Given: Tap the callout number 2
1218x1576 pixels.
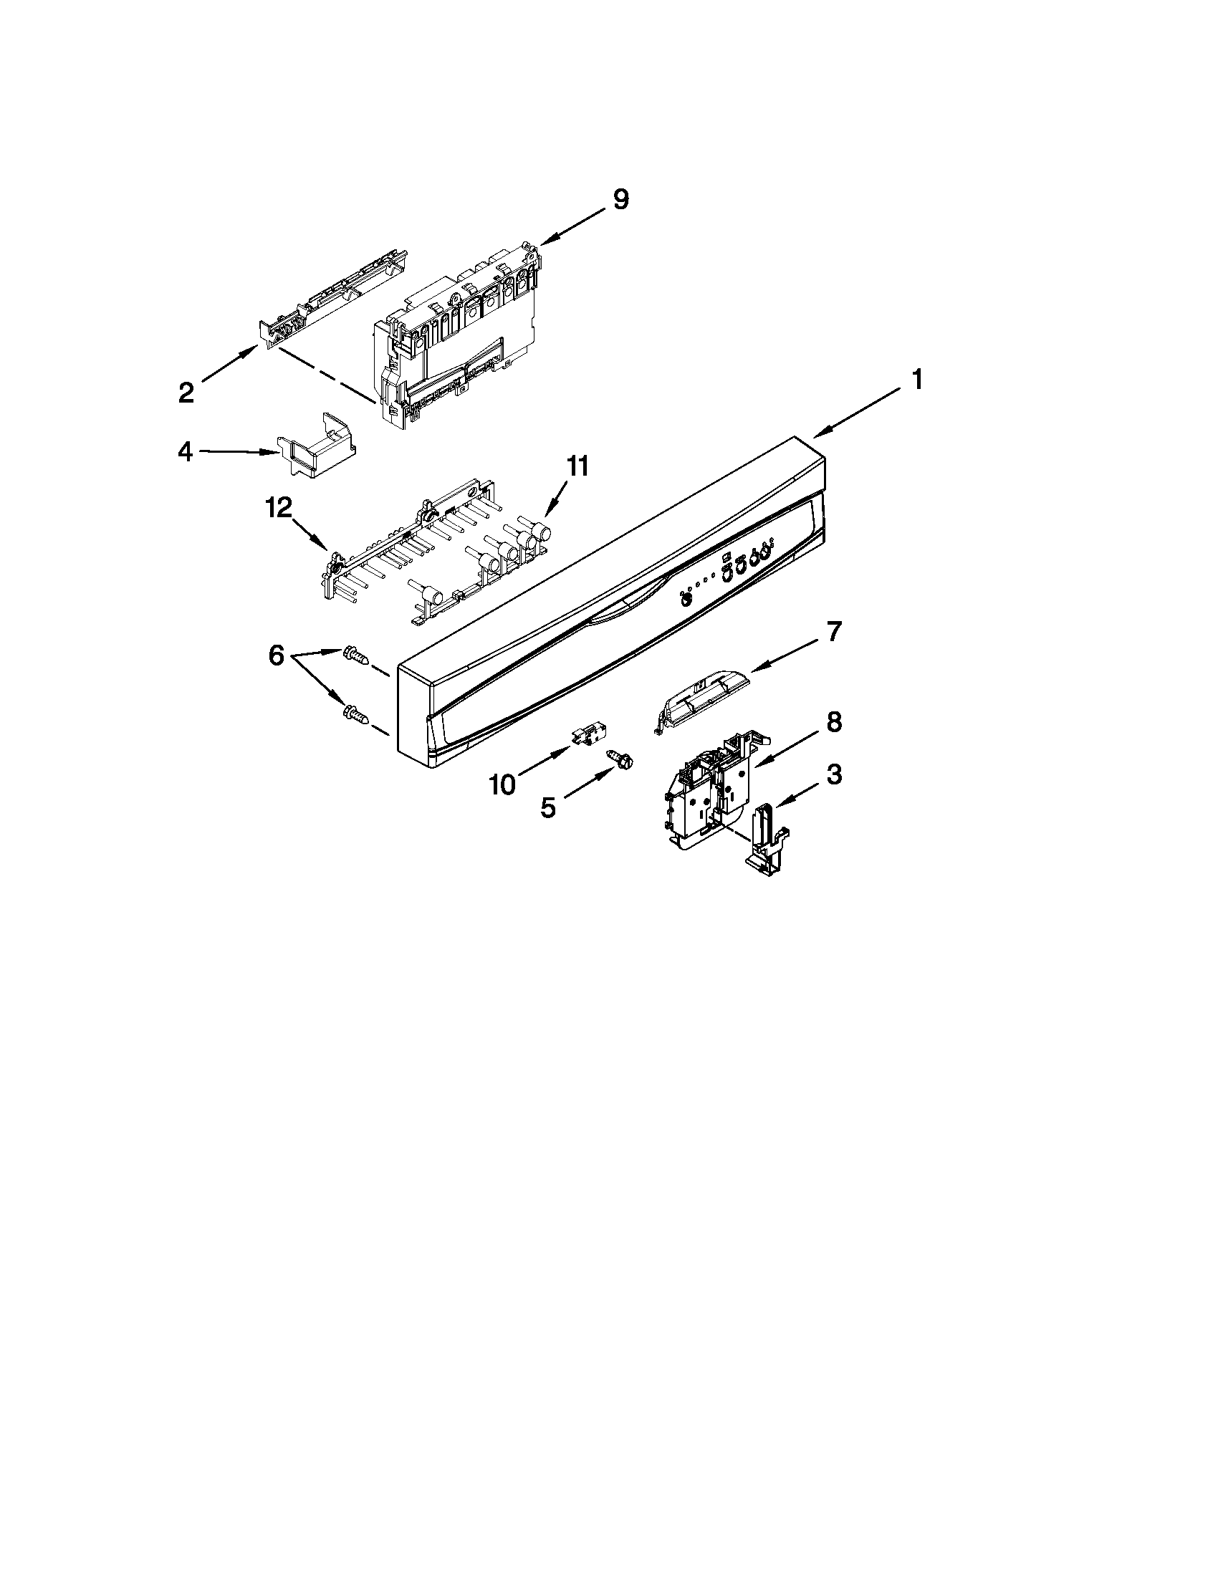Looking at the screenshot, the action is [x=186, y=393].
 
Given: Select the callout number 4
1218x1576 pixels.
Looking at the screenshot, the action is [x=186, y=453].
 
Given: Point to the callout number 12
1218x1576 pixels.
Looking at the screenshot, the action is [x=279, y=509].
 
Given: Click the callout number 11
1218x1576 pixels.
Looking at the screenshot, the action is [x=577, y=467].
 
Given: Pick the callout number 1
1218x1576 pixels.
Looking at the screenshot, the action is [x=916, y=380].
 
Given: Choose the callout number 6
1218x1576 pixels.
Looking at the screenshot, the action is [x=277, y=656].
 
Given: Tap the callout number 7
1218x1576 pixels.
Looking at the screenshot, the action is [x=833, y=632].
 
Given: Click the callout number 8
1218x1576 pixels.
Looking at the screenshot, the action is [x=833, y=722].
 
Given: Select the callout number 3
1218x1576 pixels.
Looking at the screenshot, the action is [x=833, y=775].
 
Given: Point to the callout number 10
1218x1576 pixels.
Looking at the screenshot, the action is [x=502, y=785].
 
